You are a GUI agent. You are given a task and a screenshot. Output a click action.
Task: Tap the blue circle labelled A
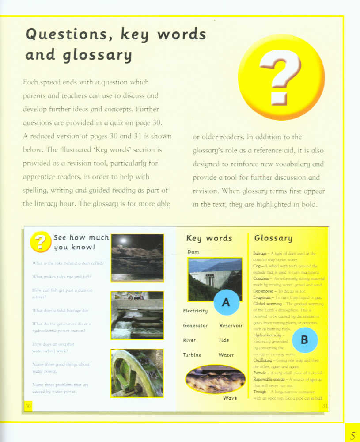(226, 302)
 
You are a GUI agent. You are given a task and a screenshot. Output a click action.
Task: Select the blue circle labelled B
(304, 340)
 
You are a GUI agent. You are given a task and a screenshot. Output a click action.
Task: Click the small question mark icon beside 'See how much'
(40, 242)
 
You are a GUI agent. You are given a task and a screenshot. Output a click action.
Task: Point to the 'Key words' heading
(209, 238)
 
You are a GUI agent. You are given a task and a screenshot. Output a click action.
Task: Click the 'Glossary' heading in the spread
(273, 238)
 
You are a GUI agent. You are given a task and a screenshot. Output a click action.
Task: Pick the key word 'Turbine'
(192, 355)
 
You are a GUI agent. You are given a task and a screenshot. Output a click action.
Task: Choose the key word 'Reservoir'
(231, 326)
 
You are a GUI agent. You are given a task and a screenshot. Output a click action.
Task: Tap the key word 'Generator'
(195, 326)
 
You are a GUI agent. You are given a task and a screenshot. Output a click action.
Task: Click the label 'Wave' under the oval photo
(230, 398)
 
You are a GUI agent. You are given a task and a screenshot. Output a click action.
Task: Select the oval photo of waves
(215, 379)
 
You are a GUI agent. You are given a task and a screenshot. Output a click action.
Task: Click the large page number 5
(352, 435)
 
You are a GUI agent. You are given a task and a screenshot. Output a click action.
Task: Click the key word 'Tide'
(224, 340)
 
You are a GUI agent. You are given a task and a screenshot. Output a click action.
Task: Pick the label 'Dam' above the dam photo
(193, 252)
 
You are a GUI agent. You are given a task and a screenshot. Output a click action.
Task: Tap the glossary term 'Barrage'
(260, 254)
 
